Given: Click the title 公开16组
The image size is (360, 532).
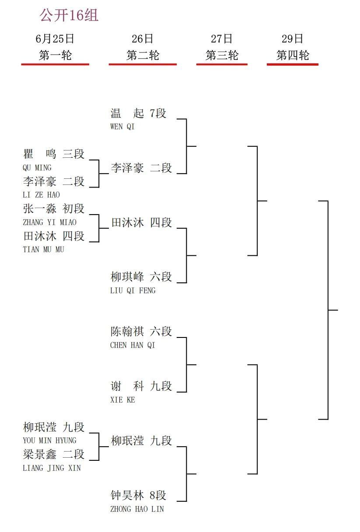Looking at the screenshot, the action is pos(69,15).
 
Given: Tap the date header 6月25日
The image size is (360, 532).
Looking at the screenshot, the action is pos(55,39).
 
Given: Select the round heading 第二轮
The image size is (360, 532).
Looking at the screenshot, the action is pos(143,56).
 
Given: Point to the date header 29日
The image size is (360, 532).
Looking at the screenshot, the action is pos(293,39).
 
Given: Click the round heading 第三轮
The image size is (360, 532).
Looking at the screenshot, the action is pos(222,56).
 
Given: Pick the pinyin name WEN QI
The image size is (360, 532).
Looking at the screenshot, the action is pos(122,127).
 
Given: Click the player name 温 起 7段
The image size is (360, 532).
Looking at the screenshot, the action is pos(138,113).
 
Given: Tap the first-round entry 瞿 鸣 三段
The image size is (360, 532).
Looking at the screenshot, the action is pos(54,154).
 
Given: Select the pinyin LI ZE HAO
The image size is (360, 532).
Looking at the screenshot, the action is pos(42,195).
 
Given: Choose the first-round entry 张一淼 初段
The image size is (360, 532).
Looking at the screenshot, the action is pos(54,209).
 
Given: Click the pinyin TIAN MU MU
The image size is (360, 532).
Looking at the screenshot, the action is pos(43,249).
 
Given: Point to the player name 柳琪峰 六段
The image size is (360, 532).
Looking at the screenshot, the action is pos(141,277).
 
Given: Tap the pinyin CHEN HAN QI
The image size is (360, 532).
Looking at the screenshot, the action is pos(133,345).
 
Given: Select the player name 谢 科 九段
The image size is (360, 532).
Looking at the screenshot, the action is pos(141,386).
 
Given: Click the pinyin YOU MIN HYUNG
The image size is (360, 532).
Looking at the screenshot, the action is pos(50,440).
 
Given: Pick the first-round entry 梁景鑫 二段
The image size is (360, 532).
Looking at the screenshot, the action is pos(54,454).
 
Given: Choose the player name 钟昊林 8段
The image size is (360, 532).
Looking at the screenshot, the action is pos(138,495).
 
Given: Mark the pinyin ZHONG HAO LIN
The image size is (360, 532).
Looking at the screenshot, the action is pos(137,509).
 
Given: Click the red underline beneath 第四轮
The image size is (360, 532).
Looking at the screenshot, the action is pos(293,64).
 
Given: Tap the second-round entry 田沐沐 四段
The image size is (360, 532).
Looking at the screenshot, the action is pos(141,223).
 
